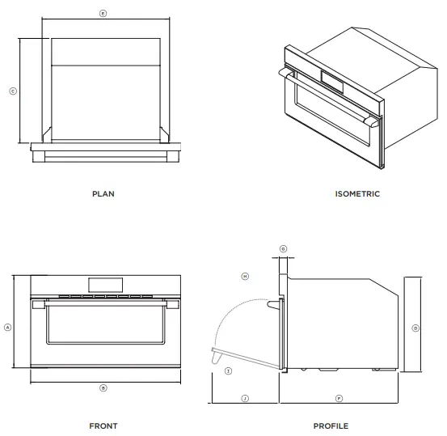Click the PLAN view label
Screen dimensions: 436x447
(x=103, y=194)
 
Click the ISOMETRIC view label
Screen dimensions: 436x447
(x=357, y=194)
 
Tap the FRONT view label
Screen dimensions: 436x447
(x=103, y=425)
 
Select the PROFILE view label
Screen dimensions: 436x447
(x=331, y=425)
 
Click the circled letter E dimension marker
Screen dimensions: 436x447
(x=103, y=15)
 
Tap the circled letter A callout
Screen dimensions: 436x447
(x=8, y=328)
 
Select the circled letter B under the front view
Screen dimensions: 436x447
(x=103, y=388)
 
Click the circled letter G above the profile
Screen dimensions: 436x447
(x=283, y=248)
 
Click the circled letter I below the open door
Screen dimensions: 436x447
(x=229, y=371)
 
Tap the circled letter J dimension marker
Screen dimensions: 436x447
(x=245, y=399)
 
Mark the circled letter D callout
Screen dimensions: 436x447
(x=415, y=328)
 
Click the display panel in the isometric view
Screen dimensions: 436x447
(x=332, y=78)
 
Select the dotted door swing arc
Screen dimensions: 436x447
(x=234, y=311)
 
